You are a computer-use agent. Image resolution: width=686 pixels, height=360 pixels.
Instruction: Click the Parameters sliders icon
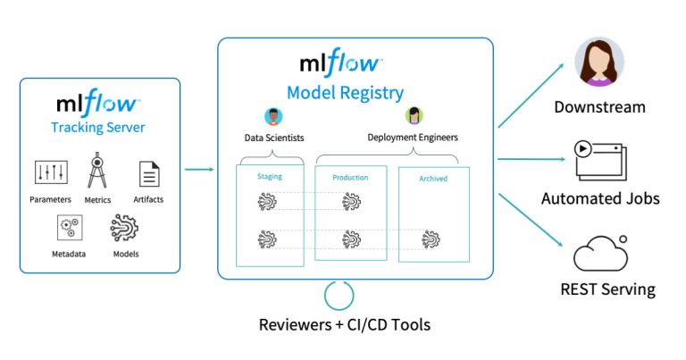coord(50,172)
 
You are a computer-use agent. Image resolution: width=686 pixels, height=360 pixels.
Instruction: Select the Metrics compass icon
coord(97,170)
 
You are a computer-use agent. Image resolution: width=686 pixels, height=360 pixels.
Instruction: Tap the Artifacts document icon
coord(149,174)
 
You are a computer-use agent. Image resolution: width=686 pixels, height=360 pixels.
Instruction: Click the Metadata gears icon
coord(68,228)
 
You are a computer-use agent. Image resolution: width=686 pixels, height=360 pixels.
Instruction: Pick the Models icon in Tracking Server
coord(124,229)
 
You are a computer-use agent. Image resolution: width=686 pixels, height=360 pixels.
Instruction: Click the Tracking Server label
coord(98,128)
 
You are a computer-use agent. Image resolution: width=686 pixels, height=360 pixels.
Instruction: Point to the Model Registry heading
coord(345,93)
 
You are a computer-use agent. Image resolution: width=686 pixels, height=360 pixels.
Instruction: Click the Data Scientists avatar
coord(273,116)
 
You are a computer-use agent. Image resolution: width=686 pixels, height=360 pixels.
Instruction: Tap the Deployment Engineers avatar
coord(414,115)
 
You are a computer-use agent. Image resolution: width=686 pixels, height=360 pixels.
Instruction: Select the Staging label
coord(269,177)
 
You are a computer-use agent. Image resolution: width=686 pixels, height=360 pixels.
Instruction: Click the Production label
coord(350,178)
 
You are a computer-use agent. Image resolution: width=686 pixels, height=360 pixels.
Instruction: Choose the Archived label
coord(433,179)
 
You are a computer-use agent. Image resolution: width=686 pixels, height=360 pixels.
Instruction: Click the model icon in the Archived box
coord(432,239)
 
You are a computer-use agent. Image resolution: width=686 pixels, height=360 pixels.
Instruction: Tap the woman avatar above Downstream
coord(598,63)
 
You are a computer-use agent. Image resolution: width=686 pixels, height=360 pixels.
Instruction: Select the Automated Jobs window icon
coord(600,161)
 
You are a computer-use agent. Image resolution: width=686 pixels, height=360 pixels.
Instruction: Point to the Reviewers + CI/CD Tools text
coord(344,324)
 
